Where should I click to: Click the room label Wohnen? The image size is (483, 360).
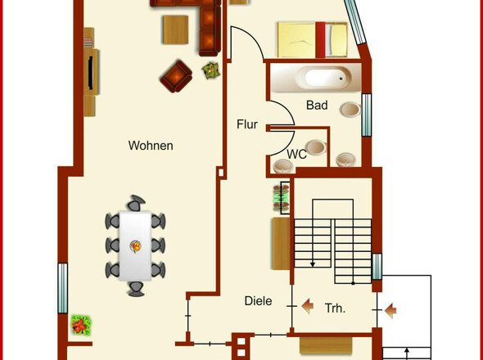coord(151,146)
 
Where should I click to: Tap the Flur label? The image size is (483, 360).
coord(247,124)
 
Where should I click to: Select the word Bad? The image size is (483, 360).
coord(317,105)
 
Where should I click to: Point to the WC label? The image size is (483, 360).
coord(296,155)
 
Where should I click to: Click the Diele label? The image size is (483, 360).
coord(258,301)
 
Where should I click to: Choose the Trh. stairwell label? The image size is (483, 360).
coord(335,308)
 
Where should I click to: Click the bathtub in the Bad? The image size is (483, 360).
coord(324,78)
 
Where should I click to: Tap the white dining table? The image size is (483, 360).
coord(135,245)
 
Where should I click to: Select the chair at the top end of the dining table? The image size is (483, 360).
coord(136,203)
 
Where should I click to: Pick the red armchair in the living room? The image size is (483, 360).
coord(176,76)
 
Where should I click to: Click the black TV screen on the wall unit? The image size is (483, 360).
coord(91,73)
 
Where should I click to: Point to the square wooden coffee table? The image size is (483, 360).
coord(175,29)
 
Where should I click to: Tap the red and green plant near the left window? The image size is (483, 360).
coord(81,325)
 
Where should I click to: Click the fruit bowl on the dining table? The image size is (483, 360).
coord(136,246)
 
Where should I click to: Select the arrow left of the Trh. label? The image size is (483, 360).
coord(308,306)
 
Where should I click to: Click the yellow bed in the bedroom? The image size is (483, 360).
coord(312,40)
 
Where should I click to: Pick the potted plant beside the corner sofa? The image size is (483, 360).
coord(211,70)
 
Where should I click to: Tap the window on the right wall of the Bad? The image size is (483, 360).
coord(367,115)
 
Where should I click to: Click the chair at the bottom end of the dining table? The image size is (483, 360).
coord(136,289)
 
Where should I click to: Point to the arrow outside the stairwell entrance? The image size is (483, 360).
coord(390,310)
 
